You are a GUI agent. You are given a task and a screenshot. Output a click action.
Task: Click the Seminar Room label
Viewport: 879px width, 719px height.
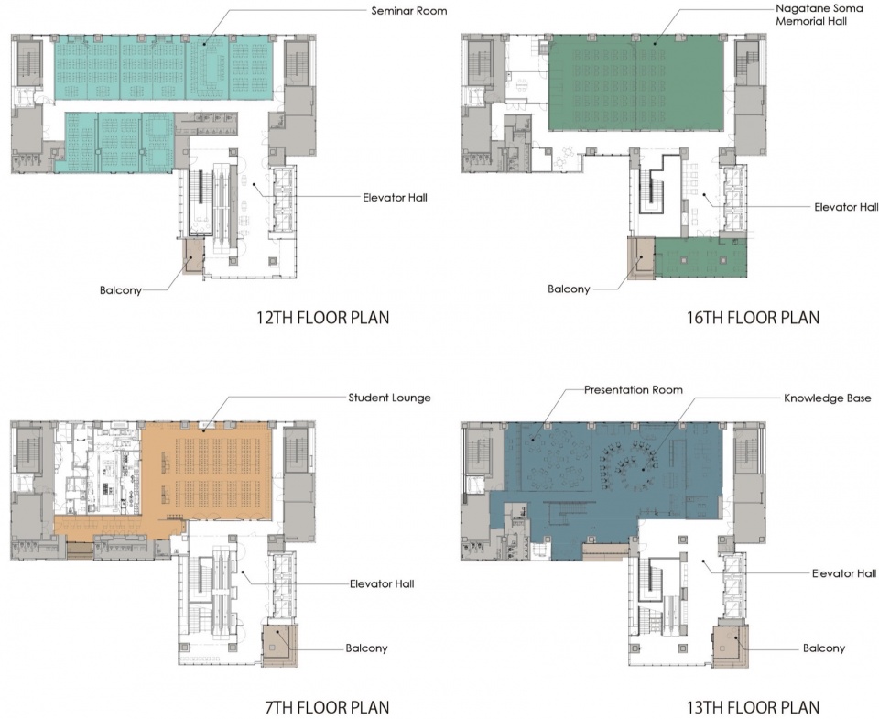pyautogui.click(x=409, y=11)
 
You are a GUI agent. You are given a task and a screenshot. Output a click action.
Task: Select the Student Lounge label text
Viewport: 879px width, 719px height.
pyautogui.click(x=390, y=398)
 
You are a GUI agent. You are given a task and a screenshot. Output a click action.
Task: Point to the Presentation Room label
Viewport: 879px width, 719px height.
pyautogui.click(x=634, y=390)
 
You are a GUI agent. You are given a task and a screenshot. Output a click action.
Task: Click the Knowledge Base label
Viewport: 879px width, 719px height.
pyautogui.click(x=828, y=398)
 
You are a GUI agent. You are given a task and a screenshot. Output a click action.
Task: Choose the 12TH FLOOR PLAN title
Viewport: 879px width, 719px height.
pyautogui.click(x=323, y=318)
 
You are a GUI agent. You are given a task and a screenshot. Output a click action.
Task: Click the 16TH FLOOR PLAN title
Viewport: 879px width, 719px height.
pyautogui.click(x=753, y=318)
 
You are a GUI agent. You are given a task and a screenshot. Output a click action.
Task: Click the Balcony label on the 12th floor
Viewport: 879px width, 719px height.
pyautogui.click(x=121, y=290)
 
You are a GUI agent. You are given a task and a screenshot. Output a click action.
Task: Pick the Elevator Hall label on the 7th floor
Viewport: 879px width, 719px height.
pyautogui.click(x=383, y=583)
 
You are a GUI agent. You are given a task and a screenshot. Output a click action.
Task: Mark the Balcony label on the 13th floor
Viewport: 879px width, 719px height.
pyautogui.click(x=824, y=648)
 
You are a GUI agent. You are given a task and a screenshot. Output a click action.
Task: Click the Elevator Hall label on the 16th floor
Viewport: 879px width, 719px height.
pyautogui.click(x=846, y=207)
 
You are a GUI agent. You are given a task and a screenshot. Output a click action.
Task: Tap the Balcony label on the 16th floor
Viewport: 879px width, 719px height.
pyautogui.click(x=569, y=289)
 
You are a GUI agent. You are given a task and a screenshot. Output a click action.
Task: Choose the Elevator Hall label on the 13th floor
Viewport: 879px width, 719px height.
pyautogui.click(x=844, y=573)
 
